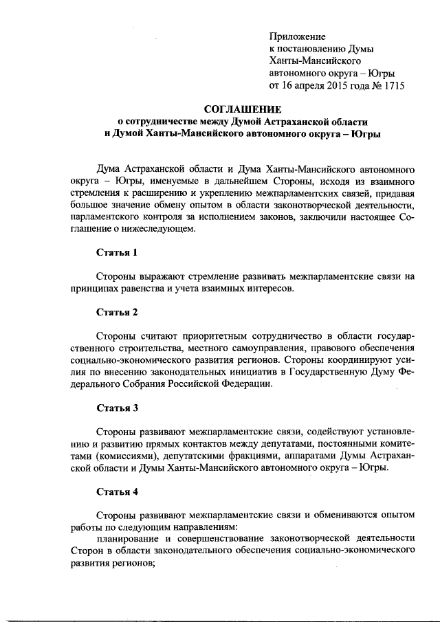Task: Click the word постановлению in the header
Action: [310, 49]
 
